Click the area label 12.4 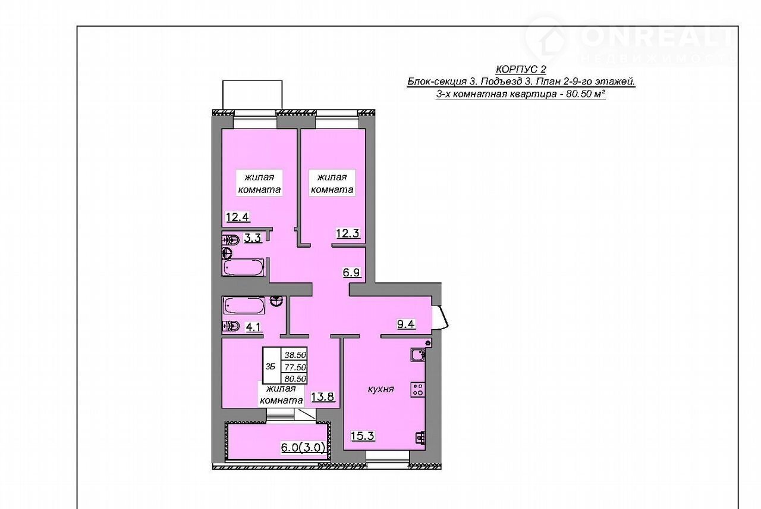point(238,217)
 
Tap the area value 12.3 point(348,233)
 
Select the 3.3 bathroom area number point(253,238)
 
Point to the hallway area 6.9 point(351,272)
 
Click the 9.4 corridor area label point(406,324)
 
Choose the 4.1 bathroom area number point(253,327)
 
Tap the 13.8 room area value point(323,396)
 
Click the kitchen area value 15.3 point(363,436)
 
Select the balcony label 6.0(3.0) point(303,448)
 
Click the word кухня point(381,389)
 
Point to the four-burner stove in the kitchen point(418,389)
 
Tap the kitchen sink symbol point(418,355)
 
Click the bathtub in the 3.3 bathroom point(243,267)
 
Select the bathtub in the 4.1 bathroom point(244,305)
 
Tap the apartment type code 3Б point(271,367)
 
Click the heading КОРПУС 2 point(521,70)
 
